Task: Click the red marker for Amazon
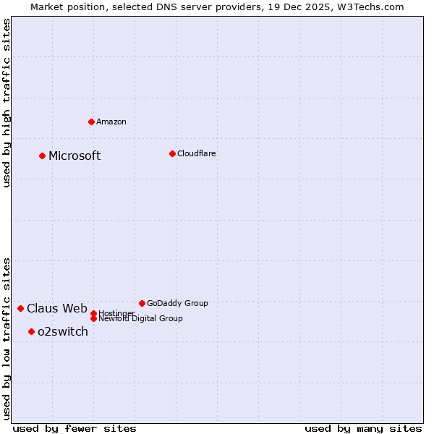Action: pos(91,122)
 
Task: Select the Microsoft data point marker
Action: pos(43,156)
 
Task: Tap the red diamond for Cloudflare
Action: pos(172,153)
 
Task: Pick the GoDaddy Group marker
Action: pos(142,303)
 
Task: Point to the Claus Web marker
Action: pos(21,309)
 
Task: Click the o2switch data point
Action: pos(32,332)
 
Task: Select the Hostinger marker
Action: pos(93,313)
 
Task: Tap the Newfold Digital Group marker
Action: pos(93,319)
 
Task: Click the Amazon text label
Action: pos(111,122)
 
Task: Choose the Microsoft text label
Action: pos(75,156)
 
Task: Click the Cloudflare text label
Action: pos(197,153)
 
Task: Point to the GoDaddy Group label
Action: pos(177,303)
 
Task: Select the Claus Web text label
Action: pos(57,309)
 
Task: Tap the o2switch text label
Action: pos(63,332)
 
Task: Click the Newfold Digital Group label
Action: pos(141,319)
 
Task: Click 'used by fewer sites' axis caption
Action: pos(75,428)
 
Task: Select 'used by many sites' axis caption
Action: pos(363,428)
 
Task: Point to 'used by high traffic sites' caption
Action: pos(7,103)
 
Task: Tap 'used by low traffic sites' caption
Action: pos(7,339)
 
